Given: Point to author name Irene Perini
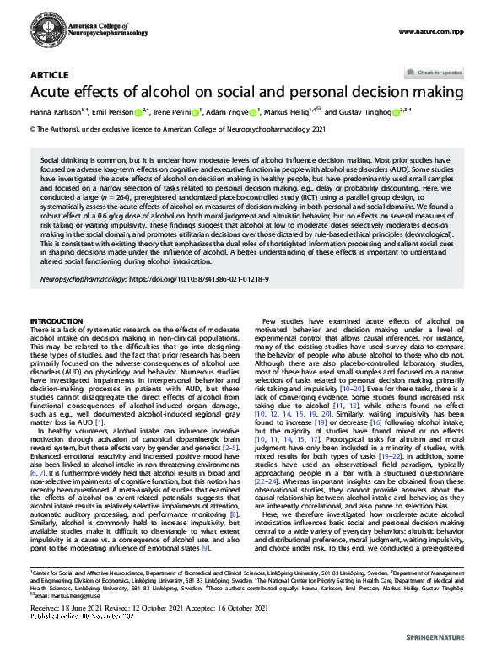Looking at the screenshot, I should tap(174, 111).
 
